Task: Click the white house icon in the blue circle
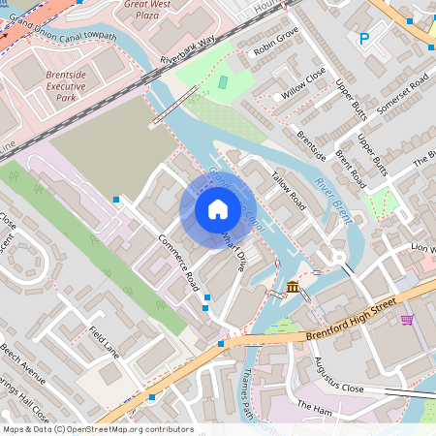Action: [x=218, y=209]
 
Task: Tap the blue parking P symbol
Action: [x=364, y=39]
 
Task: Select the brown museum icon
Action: [x=294, y=286]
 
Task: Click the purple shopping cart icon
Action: [x=408, y=319]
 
